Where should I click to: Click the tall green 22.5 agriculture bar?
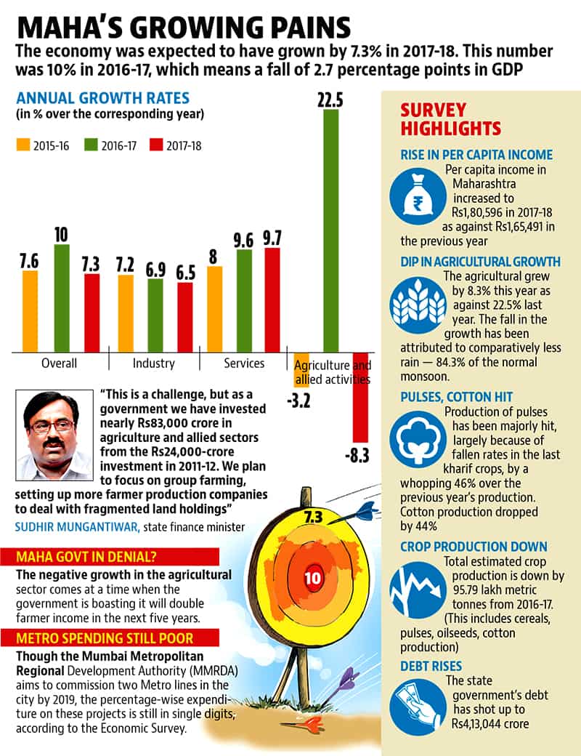(330, 230)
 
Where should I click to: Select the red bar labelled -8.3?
(360, 398)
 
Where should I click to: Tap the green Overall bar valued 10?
(62, 298)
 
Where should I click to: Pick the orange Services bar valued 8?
(215, 309)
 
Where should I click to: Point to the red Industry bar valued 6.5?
(185, 317)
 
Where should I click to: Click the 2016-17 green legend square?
(91, 145)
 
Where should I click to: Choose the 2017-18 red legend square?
(156, 145)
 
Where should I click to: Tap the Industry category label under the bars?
(154, 363)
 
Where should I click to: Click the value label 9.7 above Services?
(272, 238)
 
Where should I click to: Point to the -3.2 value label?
(298, 401)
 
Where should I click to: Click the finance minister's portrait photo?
(54, 435)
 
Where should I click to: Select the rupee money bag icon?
(418, 198)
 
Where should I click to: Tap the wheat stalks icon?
(418, 305)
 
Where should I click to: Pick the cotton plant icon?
(418, 440)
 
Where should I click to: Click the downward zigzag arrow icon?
(418, 590)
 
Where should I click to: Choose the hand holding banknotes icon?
(418, 707)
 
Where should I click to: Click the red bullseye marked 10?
(313, 577)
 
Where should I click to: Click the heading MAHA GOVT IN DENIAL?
(86, 557)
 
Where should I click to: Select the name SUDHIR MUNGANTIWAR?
(77, 527)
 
